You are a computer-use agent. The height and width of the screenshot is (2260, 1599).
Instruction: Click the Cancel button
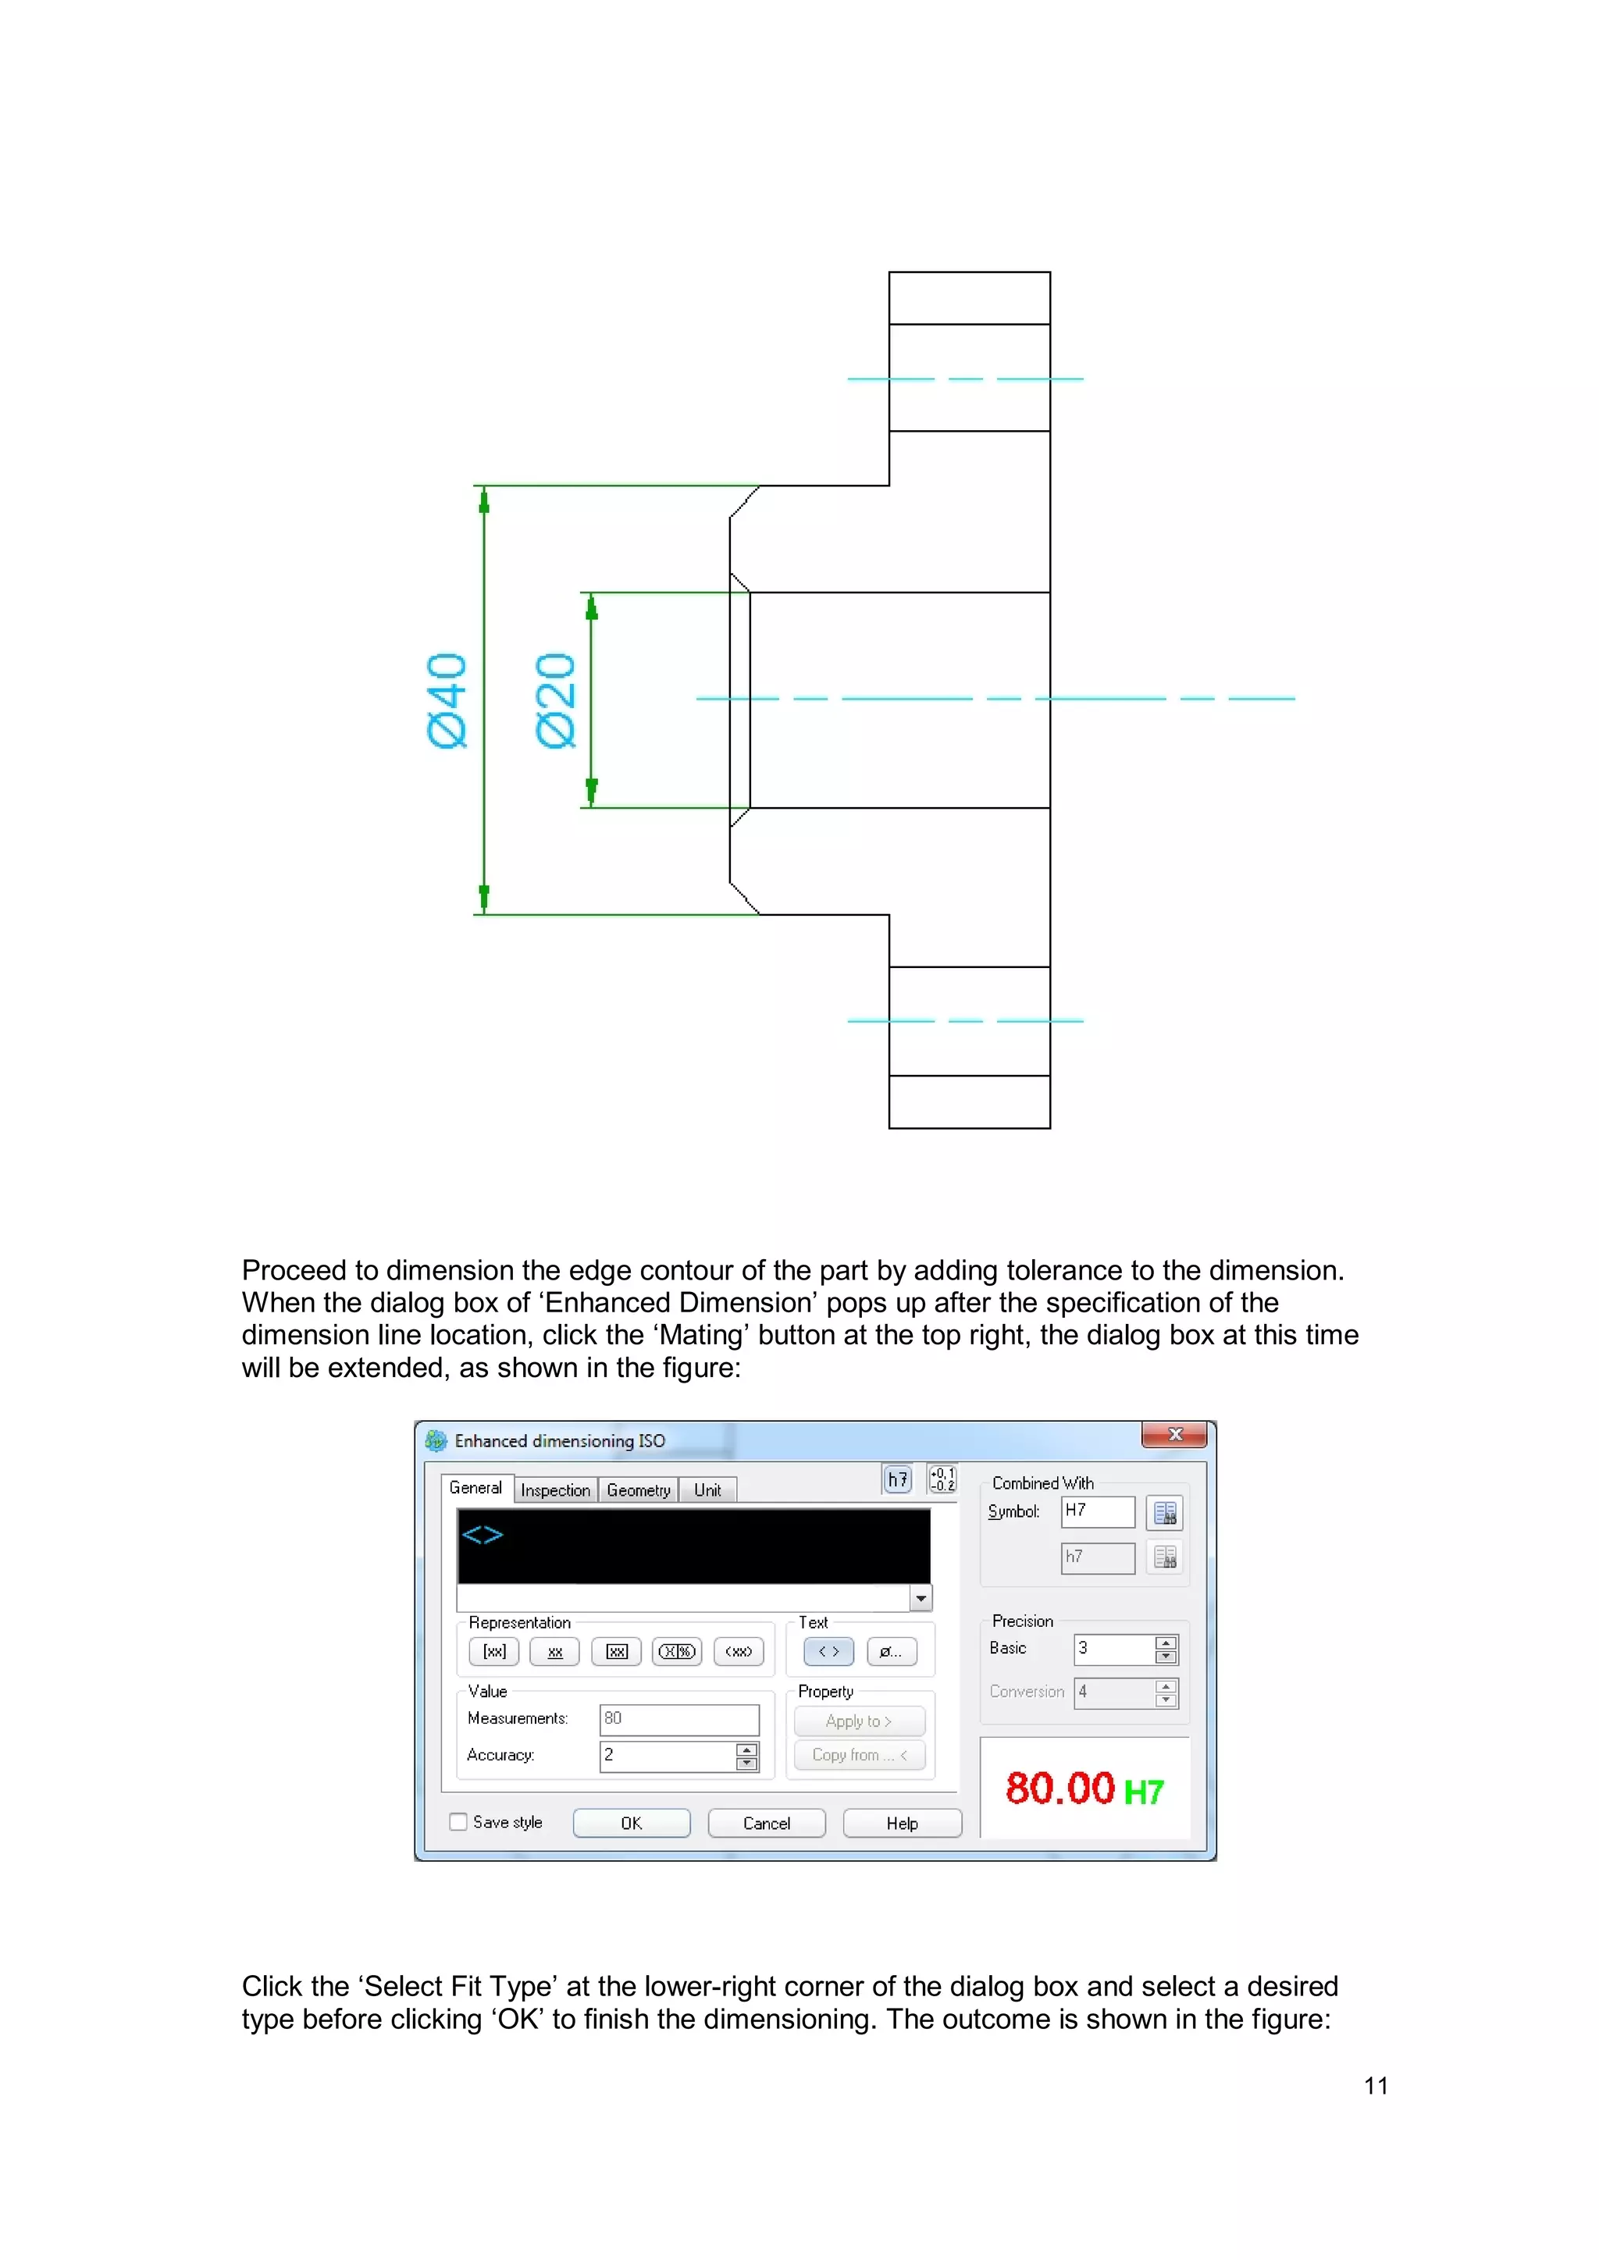point(766,1823)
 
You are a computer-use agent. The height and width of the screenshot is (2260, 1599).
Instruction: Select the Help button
point(901,1823)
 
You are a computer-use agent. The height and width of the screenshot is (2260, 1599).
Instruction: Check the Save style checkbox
point(458,1822)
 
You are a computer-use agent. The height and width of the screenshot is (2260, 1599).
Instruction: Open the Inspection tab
point(555,1490)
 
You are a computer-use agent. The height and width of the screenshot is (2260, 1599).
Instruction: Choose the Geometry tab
point(638,1490)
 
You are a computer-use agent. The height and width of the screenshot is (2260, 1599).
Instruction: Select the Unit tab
point(707,1490)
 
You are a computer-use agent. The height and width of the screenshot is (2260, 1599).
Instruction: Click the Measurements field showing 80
point(678,1719)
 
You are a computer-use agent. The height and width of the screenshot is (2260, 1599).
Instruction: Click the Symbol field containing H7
point(1097,1511)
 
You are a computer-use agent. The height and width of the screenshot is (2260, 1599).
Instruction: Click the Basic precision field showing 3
point(1113,1649)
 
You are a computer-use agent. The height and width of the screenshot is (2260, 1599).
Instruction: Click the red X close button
point(1173,1435)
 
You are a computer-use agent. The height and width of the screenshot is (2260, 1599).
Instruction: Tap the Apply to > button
point(859,1721)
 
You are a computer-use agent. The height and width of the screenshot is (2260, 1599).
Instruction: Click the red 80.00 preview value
point(1059,1788)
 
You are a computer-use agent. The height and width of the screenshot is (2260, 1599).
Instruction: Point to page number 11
point(1376,2086)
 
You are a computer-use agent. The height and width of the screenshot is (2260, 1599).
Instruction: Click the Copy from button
point(859,1755)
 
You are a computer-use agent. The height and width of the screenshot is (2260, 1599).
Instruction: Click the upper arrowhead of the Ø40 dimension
point(483,503)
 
